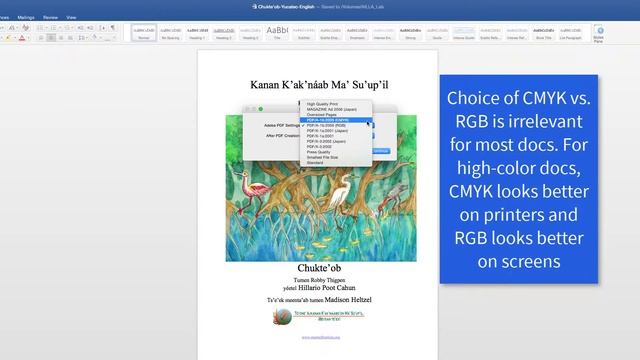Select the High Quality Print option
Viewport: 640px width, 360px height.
click(325, 104)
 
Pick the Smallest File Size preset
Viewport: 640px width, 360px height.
click(324, 157)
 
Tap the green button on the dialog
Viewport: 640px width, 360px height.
click(260, 108)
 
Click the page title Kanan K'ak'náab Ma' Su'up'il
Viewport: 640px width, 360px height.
click(319, 86)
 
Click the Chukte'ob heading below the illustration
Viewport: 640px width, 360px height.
click(318, 268)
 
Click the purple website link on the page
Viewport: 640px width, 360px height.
click(319, 337)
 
